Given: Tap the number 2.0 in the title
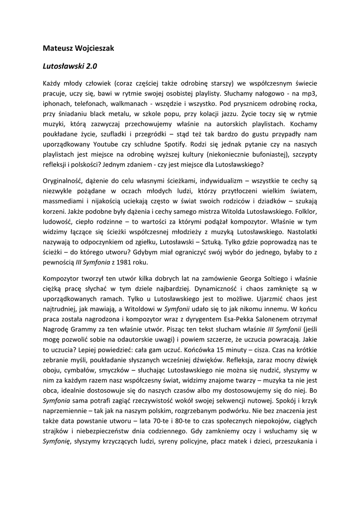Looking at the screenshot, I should pyautogui.click(x=95, y=65).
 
